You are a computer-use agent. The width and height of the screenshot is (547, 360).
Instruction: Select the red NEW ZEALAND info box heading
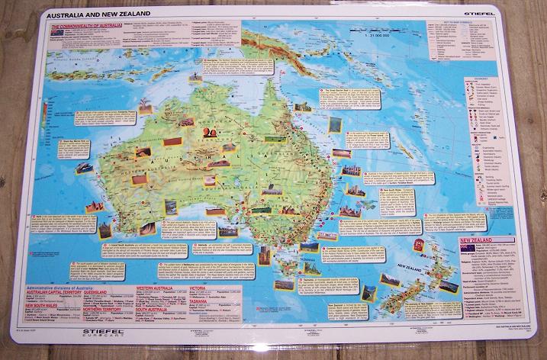point(488,241)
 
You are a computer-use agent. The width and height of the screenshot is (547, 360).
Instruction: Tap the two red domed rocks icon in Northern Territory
point(209,133)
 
